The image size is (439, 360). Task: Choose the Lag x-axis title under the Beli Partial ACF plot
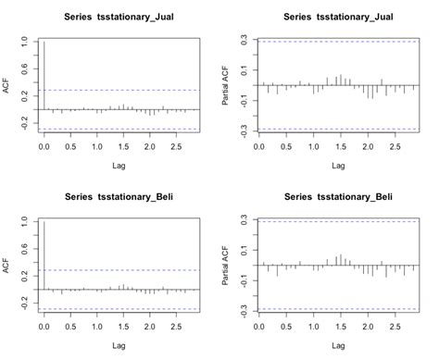(336, 347)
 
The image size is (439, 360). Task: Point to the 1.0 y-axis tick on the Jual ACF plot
(22, 42)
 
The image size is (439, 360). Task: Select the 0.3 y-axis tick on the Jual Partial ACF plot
(243, 41)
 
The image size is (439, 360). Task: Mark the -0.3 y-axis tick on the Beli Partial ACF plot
(243, 311)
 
